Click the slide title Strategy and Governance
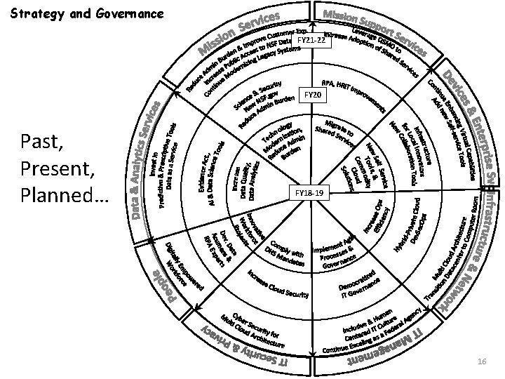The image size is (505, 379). pos(88,13)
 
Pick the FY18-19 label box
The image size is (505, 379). pos(310,191)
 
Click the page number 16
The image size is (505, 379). pos(481,360)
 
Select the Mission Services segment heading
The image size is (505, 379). pos(241,34)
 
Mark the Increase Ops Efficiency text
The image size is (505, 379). pos(372,216)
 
